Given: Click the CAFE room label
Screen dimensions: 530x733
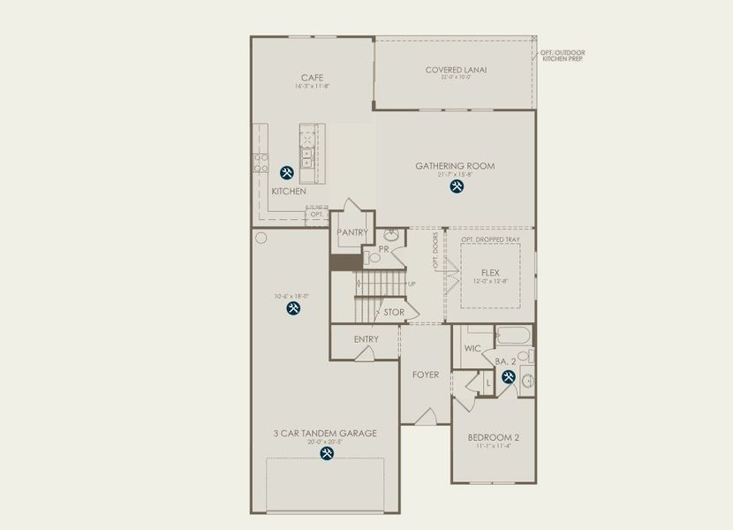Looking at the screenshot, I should click(312, 78).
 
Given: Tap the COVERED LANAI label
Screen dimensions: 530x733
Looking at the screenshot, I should click(456, 70).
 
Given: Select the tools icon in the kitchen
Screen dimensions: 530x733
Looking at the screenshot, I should click(286, 173).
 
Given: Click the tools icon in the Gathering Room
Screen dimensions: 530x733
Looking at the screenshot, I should click(457, 186).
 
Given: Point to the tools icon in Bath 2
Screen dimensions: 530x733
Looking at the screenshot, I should click(508, 377).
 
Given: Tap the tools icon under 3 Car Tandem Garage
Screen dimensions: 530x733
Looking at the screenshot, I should click(327, 453).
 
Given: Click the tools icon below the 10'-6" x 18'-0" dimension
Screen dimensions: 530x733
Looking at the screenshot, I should click(294, 308).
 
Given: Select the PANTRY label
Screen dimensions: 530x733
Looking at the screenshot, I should click(352, 233).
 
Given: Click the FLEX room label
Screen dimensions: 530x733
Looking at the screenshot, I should click(490, 273).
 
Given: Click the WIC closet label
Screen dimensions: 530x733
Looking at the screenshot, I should click(472, 349).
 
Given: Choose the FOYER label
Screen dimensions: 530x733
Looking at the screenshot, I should click(426, 375).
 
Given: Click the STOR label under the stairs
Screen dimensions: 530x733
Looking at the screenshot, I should click(395, 312).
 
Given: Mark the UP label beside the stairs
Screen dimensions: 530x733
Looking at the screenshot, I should click(411, 284).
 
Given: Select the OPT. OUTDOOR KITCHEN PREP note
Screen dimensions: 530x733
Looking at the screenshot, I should click(562, 56).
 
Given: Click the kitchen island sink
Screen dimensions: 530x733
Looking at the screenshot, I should click(307, 158).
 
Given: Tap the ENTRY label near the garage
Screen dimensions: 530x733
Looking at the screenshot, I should click(366, 339).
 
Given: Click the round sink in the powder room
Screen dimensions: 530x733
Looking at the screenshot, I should click(391, 237).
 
